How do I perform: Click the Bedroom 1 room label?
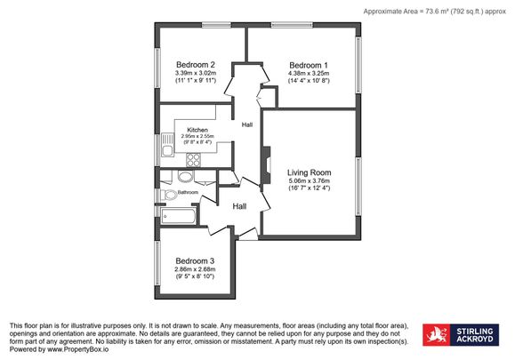[x=309, y=65]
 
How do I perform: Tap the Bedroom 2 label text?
[x=196, y=65]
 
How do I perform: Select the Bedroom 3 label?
[x=195, y=260]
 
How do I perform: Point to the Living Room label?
[x=309, y=172]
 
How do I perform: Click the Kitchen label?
[x=197, y=130]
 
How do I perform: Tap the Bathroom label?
[x=188, y=192]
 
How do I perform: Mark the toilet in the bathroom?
[x=169, y=195]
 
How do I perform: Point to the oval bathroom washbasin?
[x=185, y=175]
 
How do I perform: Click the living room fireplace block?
[x=264, y=166]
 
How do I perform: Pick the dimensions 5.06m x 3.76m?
[x=309, y=180]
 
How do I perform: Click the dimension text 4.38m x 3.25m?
[x=309, y=73]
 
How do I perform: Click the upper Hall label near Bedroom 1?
[x=246, y=124]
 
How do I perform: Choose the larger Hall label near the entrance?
[x=239, y=206]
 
